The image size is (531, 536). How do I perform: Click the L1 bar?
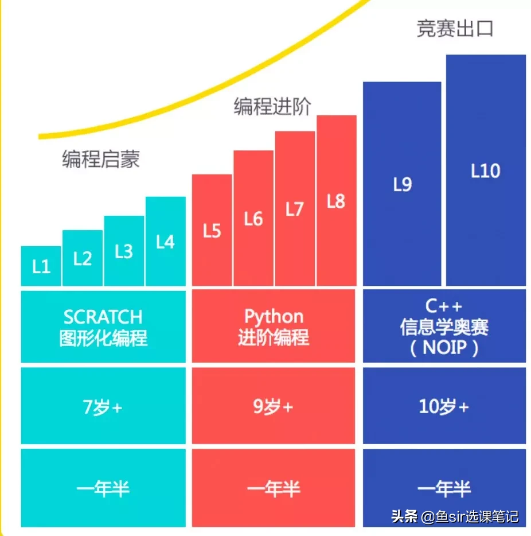(41, 266)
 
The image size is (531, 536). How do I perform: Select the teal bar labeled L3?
(124, 251)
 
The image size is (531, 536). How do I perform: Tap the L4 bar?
(165, 242)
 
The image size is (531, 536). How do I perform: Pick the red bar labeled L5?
(212, 230)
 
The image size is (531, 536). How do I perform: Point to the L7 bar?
(295, 208)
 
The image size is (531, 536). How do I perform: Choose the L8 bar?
(336, 201)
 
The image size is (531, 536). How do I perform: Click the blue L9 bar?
(402, 184)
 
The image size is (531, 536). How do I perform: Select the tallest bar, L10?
(485, 170)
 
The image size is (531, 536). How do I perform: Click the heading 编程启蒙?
(101, 159)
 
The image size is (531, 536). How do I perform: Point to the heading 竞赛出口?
(455, 29)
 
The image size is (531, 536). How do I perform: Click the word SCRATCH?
(103, 317)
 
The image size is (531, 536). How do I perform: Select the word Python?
(274, 316)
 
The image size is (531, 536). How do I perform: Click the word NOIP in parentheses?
(445, 348)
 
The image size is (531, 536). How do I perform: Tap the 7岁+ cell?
(103, 407)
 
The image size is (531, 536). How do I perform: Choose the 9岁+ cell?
(274, 407)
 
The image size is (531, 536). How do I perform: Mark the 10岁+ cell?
(444, 407)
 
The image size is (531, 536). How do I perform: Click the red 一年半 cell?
(274, 488)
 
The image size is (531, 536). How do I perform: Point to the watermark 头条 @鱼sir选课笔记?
(455, 516)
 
